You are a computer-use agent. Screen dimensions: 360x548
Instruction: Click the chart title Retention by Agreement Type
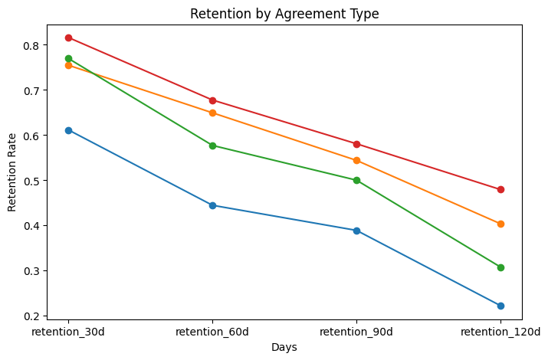tap(284, 13)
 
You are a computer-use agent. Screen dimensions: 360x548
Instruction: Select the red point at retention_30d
tap(68, 38)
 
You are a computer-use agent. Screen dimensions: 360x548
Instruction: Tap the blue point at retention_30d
tap(68, 130)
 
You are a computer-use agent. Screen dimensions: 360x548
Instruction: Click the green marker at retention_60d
tap(212, 146)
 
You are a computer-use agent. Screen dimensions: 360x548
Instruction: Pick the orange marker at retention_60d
tap(212, 113)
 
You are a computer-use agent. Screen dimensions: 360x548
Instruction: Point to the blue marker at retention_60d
tap(212, 205)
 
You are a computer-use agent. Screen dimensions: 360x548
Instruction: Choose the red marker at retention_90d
tap(356, 144)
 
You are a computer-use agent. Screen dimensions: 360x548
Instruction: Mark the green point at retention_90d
tap(356, 180)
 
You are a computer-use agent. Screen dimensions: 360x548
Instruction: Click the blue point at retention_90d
tap(356, 231)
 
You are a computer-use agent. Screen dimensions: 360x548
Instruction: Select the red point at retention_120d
tap(500, 189)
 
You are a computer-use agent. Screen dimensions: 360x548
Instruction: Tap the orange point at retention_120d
tap(500, 224)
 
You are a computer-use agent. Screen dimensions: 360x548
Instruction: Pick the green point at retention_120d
tap(500, 267)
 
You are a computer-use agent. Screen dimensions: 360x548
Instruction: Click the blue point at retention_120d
tap(500, 306)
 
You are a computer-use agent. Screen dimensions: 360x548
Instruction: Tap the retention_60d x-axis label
tap(212, 332)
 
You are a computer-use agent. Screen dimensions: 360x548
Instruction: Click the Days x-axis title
tap(284, 347)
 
